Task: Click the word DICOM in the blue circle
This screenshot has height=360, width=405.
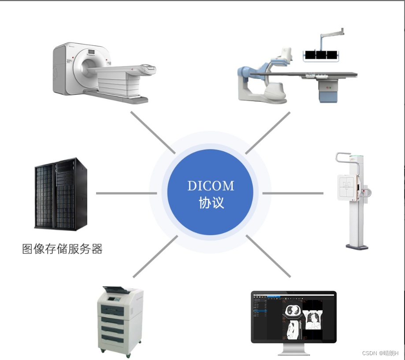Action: (x=211, y=186)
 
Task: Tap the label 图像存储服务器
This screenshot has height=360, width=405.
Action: (x=62, y=249)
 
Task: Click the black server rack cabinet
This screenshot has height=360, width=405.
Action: (x=61, y=194)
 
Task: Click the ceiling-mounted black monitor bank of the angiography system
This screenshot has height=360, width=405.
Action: (x=321, y=55)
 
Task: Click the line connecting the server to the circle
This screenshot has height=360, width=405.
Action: (x=126, y=193)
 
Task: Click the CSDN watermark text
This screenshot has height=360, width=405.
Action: (x=380, y=353)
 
